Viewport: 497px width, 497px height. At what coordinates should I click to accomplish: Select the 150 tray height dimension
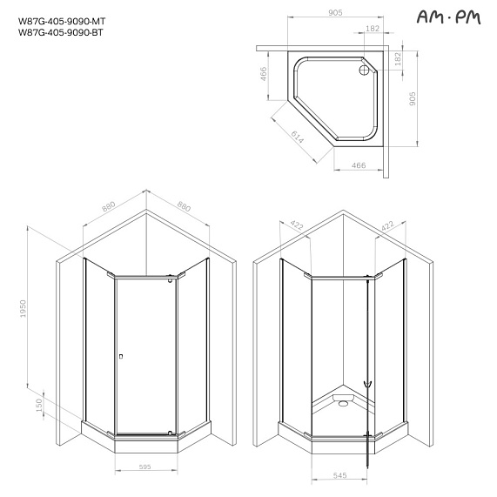tap(40, 406)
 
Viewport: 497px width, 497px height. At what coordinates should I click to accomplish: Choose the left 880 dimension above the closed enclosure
tap(109, 207)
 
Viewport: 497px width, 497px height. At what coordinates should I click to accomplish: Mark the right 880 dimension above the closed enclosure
tap(183, 207)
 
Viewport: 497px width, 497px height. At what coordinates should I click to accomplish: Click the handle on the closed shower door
tap(120, 355)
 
